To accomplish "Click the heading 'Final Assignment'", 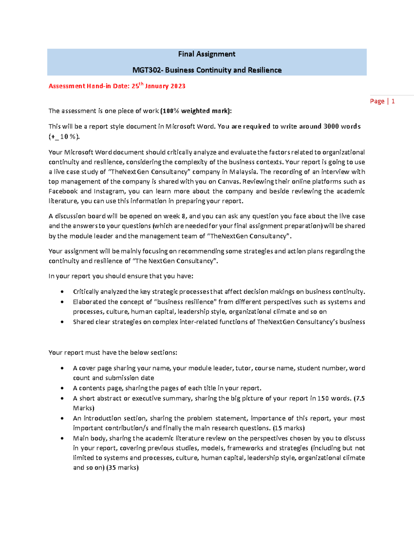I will click(x=207, y=54).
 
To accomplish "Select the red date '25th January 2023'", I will click(x=158, y=86).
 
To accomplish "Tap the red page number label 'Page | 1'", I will click(x=382, y=101).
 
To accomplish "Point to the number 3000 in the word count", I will click(x=331, y=126).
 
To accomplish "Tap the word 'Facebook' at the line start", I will click(x=63, y=191).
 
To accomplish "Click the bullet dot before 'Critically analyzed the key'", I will click(x=62, y=292).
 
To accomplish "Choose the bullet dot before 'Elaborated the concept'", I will click(x=62, y=302).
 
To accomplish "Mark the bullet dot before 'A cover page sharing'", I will click(x=62, y=368).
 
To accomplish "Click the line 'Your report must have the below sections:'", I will click(x=113, y=352).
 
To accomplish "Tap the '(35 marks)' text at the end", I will click(x=122, y=468).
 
